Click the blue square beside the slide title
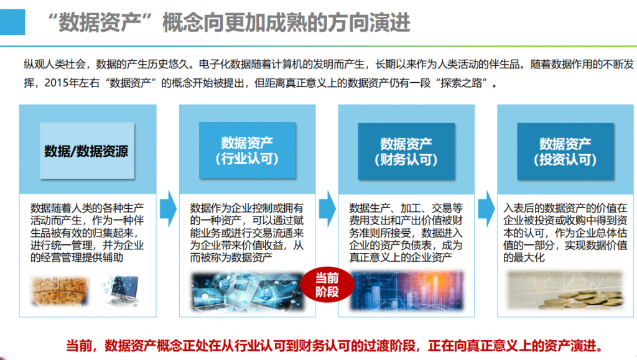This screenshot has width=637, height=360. [x=12, y=22]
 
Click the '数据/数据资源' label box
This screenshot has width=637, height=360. [x=87, y=150]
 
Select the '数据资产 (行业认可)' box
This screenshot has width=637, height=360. [x=247, y=150]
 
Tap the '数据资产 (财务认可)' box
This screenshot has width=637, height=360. [x=406, y=151]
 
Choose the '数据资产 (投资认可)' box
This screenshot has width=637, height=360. [x=565, y=151]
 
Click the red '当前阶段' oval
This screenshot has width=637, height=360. [x=327, y=285]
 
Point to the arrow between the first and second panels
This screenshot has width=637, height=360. [x=168, y=209]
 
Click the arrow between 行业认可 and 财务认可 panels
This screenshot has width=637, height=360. [x=327, y=209]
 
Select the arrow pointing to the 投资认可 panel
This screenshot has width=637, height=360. [x=486, y=209]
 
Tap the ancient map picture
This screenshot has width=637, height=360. [x=59, y=290]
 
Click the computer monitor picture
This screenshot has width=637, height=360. [x=121, y=290]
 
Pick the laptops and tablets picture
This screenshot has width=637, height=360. [x=247, y=292]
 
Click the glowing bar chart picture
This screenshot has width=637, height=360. [x=407, y=290]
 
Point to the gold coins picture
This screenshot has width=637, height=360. [x=565, y=290]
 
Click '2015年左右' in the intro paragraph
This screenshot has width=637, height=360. [x=72, y=83]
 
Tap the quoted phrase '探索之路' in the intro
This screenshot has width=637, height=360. [x=461, y=83]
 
